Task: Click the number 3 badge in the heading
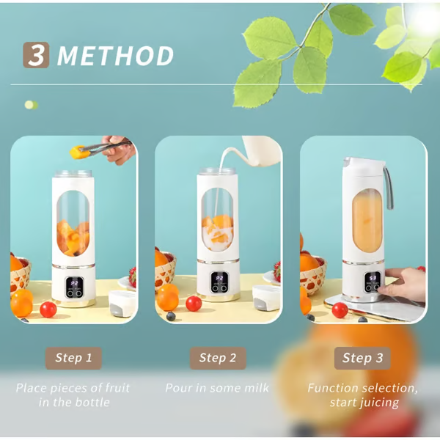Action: (36, 55)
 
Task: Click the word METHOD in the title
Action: (116, 56)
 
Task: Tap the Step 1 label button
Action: (73, 358)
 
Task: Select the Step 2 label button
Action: (218, 358)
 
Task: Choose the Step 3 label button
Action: (362, 358)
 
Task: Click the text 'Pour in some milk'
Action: (217, 388)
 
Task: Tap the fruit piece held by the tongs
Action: (76, 152)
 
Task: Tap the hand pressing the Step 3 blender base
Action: (408, 282)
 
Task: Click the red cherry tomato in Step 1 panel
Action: (48, 309)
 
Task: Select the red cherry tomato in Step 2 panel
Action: (193, 303)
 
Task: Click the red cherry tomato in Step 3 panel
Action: (340, 309)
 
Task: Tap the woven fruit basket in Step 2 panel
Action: (166, 271)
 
